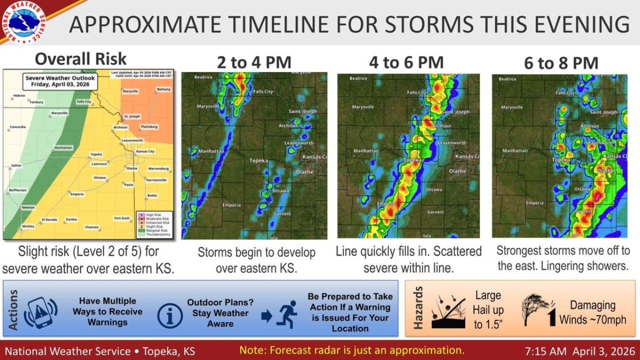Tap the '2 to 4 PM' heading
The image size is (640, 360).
coord(253,62)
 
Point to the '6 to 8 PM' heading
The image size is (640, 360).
coord(561,63)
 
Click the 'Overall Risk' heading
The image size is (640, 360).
coord(80,58)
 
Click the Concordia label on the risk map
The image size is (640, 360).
coord(17,127)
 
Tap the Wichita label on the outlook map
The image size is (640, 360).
coord(28,226)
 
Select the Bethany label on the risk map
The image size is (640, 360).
coord(163,89)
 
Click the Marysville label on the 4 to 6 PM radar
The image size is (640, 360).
coord(363,107)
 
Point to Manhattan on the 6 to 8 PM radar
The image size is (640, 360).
coord(515,150)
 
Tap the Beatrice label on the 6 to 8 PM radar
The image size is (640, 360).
coord(507,79)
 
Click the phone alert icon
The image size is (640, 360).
coord(40,312)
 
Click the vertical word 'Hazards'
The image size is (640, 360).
coord(418,307)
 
